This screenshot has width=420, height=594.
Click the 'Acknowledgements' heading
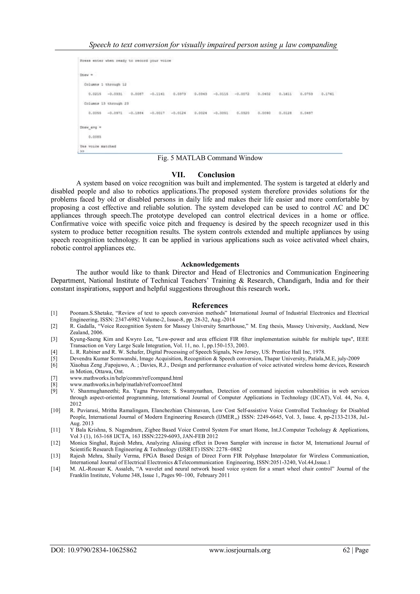pyautogui.click(x=210, y=264)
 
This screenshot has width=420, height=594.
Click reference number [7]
pyautogui.click(x=54, y=378)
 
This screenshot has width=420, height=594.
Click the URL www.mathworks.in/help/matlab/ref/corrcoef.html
pyautogui.click(x=126, y=384)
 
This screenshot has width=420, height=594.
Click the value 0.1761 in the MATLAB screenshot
pyautogui.click(x=328, y=94)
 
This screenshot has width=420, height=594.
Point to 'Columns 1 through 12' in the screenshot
pyautogui.click(x=105, y=85)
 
